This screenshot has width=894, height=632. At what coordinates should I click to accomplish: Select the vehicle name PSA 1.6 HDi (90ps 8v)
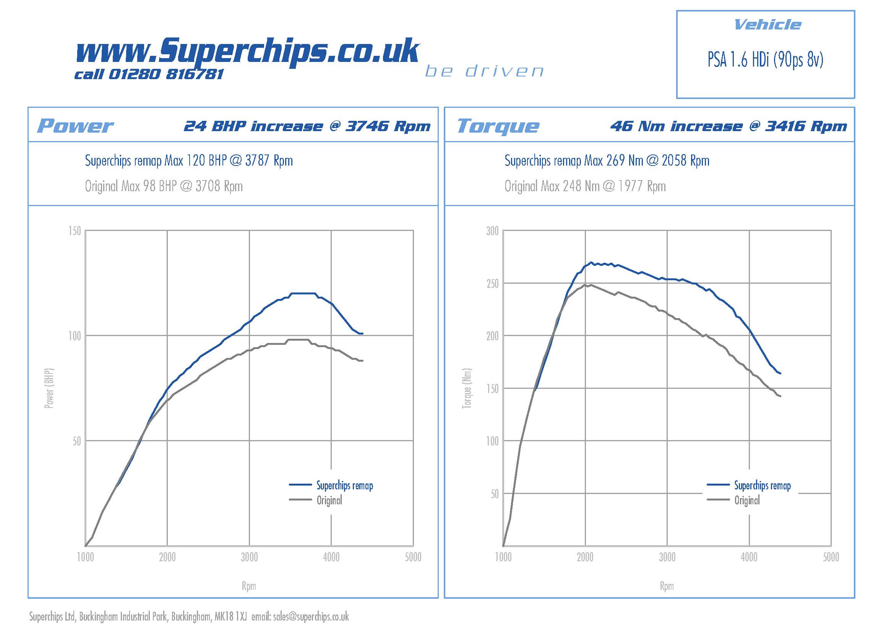point(765,60)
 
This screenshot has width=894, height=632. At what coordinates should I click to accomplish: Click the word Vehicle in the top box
point(767,25)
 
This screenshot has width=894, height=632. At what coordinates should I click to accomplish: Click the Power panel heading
point(75,126)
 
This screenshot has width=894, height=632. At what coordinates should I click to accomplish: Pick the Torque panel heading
point(498,126)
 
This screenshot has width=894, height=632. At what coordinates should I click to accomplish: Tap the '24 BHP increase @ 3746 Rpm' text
point(307,126)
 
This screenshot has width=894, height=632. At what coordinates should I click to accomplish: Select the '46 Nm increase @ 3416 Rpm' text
point(728,126)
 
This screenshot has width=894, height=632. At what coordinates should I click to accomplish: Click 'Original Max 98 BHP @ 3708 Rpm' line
point(164,186)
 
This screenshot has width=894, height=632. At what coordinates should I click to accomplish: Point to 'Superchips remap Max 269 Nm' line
point(607,161)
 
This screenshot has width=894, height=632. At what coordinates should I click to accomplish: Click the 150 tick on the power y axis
point(75,231)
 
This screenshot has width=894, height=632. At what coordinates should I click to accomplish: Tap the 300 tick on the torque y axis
point(492,231)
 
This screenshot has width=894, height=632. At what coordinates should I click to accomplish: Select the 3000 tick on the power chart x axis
point(249,557)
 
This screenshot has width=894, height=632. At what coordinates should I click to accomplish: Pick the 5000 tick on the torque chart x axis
point(831,557)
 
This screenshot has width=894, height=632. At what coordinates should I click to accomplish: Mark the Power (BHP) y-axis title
point(49,388)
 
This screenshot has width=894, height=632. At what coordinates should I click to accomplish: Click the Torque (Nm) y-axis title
point(466,388)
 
